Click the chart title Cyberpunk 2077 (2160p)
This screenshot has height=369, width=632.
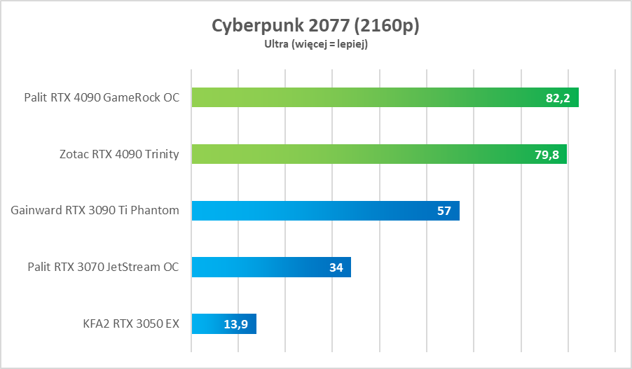click(315, 25)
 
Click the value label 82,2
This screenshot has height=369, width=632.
click(558, 98)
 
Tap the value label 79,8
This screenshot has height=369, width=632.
click(547, 155)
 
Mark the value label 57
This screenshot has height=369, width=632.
click(444, 211)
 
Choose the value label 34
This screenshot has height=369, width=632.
click(336, 267)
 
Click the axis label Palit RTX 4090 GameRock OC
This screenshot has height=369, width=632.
click(102, 97)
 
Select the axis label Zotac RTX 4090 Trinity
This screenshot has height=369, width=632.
click(119, 154)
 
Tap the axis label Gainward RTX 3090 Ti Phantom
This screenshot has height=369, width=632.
click(95, 210)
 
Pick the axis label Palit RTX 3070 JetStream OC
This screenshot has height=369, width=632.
click(103, 267)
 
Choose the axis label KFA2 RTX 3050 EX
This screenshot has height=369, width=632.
click(130, 323)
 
